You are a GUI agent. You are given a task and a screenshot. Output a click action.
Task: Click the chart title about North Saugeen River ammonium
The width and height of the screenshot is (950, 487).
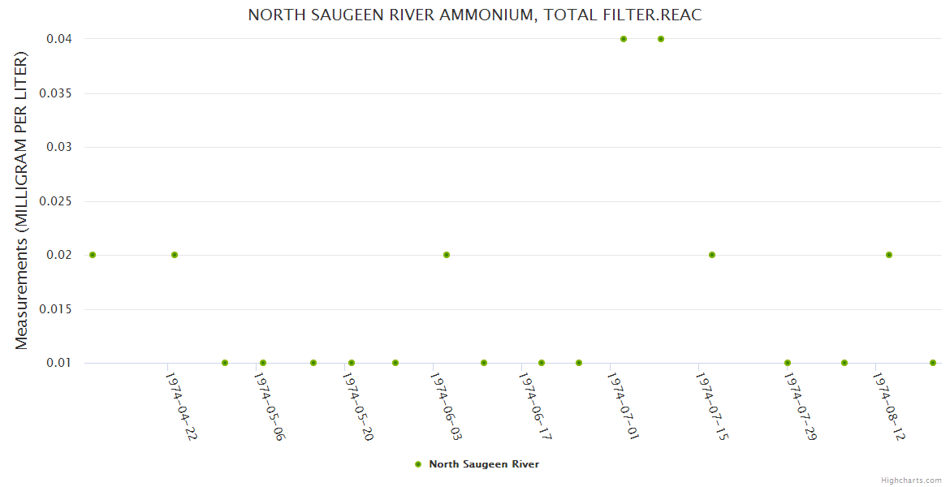point(474,15)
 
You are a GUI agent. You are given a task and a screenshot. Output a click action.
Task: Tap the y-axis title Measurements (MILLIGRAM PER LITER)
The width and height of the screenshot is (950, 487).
point(22,200)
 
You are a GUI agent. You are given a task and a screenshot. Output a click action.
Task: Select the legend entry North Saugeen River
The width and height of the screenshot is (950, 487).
point(483,464)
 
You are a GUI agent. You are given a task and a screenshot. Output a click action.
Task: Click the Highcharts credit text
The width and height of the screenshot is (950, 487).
point(911,480)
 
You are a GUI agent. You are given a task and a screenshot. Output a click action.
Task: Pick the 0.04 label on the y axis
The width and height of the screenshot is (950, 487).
point(60,39)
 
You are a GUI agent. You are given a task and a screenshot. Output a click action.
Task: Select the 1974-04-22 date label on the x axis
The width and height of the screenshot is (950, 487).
point(181,406)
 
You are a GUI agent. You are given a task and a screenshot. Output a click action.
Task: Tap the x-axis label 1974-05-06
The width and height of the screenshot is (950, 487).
point(270,406)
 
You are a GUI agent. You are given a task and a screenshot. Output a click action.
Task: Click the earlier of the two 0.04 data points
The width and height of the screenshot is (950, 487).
point(624,39)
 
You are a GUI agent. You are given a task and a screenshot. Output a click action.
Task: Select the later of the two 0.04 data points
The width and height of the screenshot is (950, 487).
point(661,39)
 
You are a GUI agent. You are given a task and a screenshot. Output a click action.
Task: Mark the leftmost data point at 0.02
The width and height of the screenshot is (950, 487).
point(93,255)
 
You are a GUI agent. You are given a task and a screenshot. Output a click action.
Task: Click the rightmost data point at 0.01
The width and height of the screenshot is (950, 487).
point(933,363)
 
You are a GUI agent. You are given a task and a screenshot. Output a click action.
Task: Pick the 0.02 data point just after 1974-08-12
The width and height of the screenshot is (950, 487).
point(889,255)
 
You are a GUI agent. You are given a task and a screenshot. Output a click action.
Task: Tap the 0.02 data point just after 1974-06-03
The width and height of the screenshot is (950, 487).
point(447,255)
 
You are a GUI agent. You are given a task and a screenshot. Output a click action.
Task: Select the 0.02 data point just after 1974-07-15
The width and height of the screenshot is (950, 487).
point(712,255)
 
